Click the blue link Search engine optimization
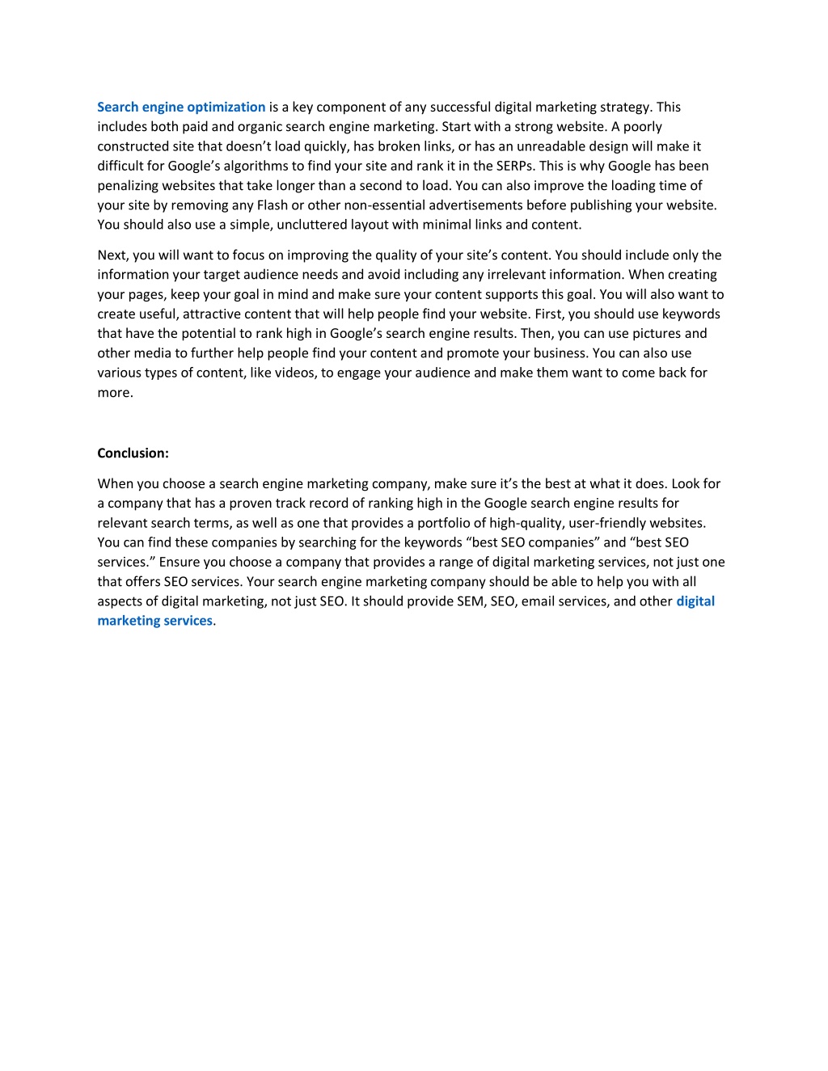(x=181, y=107)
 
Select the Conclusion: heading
(x=133, y=453)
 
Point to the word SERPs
(x=513, y=166)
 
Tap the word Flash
(x=272, y=205)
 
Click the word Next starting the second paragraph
(x=112, y=255)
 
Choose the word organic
(x=257, y=126)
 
